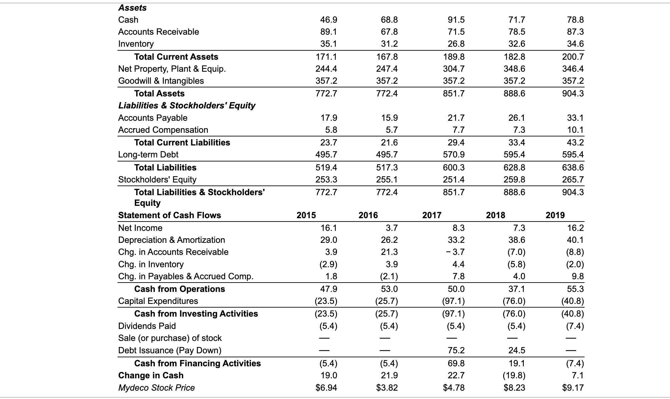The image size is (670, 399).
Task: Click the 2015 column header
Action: tap(306, 215)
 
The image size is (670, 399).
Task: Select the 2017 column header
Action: tap(432, 215)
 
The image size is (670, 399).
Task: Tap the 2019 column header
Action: tap(555, 215)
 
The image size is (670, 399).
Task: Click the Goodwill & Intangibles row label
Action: tap(161, 81)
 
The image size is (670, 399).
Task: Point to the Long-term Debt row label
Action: tap(148, 154)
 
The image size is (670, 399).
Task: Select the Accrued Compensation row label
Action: tap(163, 130)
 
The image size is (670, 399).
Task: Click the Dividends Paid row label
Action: tap(147, 326)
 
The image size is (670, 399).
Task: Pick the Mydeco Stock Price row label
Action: tap(156, 388)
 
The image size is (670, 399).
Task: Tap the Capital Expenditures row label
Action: tap(158, 301)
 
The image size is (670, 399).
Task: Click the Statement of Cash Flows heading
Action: tap(170, 215)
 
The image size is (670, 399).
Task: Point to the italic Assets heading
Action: tap(132, 8)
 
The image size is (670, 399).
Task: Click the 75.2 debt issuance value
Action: tap(456, 350)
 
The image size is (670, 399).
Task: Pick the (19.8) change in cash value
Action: tap(514, 375)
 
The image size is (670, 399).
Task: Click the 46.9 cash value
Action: tap(329, 20)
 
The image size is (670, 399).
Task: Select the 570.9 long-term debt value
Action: tap(454, 154)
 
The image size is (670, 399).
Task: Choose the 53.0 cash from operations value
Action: tap(389, 289)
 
